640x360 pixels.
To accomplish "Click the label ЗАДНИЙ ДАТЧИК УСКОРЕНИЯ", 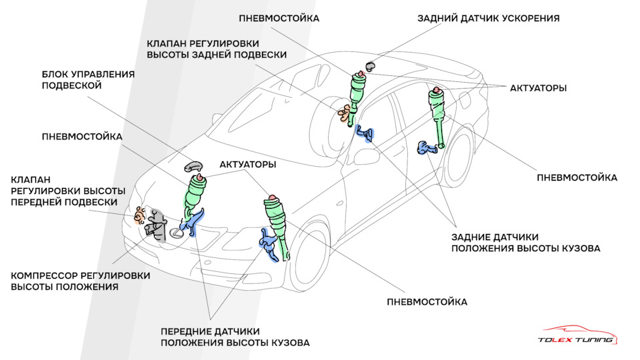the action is (488, 19).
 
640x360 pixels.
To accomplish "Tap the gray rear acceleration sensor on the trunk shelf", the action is (370, 66).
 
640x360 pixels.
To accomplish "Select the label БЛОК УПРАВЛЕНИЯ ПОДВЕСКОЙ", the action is (88, 80).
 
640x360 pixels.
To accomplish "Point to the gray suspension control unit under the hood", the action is (193, 166).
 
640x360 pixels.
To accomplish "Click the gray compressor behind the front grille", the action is (156, 225).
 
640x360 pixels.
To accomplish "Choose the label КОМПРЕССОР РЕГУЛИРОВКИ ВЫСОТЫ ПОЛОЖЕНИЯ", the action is (81, 281).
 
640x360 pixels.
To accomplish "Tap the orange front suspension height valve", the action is (139, 215).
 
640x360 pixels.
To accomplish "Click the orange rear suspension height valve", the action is (344, 113).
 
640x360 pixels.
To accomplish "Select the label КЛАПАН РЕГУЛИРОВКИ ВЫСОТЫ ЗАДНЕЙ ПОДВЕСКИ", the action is (217, 49).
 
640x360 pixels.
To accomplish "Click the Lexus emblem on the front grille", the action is (176, 233).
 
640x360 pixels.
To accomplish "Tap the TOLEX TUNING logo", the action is (577, 335).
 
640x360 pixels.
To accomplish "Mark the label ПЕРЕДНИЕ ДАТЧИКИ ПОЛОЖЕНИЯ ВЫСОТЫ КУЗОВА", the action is (235, 337).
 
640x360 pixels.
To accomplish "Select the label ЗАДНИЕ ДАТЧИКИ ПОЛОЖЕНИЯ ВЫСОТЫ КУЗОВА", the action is (526, 243).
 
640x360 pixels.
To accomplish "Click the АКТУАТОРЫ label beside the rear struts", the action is (539, 88).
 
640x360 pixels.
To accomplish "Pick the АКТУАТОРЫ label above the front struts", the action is (248, 165).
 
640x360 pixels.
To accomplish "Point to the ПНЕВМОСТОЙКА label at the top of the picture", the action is (279, 19).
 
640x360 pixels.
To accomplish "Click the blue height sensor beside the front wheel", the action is (269, 245).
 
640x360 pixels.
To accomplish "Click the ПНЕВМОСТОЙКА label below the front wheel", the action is (427, 302).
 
